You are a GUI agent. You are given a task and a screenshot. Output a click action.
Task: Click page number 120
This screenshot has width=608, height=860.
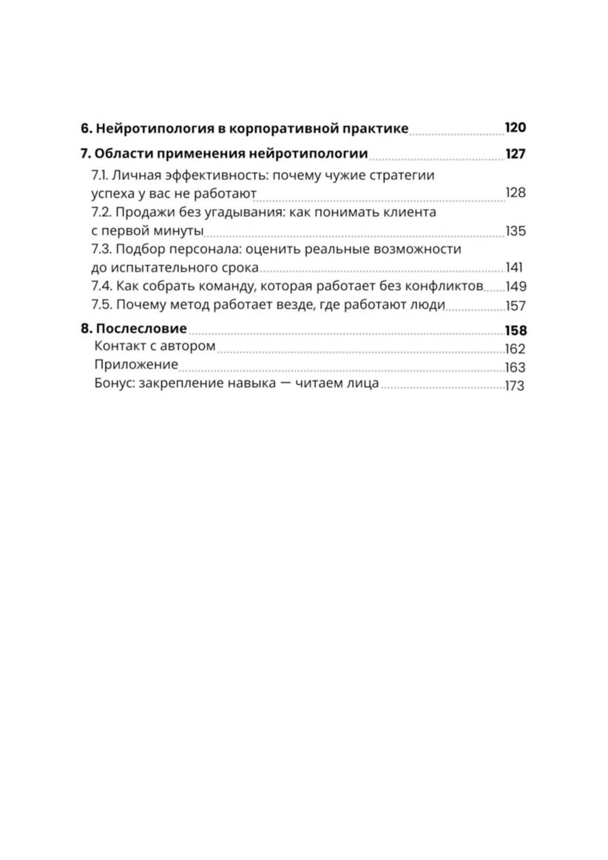515,127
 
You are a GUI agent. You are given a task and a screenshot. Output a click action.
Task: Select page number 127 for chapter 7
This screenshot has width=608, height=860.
515,154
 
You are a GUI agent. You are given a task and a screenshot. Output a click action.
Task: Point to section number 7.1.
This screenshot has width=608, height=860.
99,175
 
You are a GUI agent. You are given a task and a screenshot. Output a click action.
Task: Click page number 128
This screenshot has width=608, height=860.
516,193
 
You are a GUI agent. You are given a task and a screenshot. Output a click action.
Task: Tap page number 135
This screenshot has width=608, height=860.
516,231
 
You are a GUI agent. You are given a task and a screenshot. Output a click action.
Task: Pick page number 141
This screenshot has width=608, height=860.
515,268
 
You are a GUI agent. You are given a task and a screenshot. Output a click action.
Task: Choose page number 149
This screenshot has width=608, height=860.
516,286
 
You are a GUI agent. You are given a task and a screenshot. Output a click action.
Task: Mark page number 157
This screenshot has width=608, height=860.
516,306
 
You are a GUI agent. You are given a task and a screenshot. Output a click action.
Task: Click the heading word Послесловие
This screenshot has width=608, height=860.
141,329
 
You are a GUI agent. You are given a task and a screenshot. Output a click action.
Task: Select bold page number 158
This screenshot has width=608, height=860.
515,331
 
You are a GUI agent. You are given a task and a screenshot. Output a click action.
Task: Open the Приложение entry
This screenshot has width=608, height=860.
136,365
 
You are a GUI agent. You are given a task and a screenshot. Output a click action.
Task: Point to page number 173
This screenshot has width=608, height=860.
515,386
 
